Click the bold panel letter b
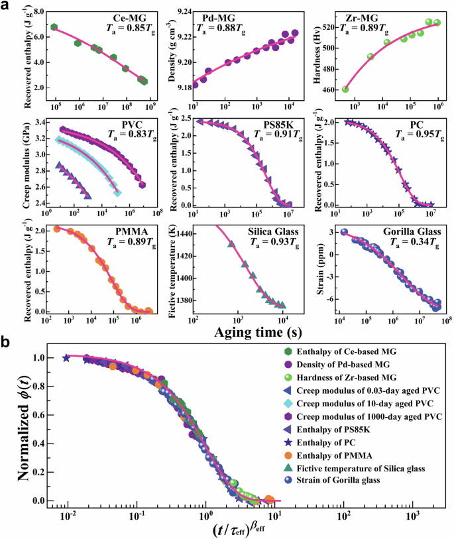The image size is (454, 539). [8, 343]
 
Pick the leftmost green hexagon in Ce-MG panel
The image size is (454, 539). [54, 27]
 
